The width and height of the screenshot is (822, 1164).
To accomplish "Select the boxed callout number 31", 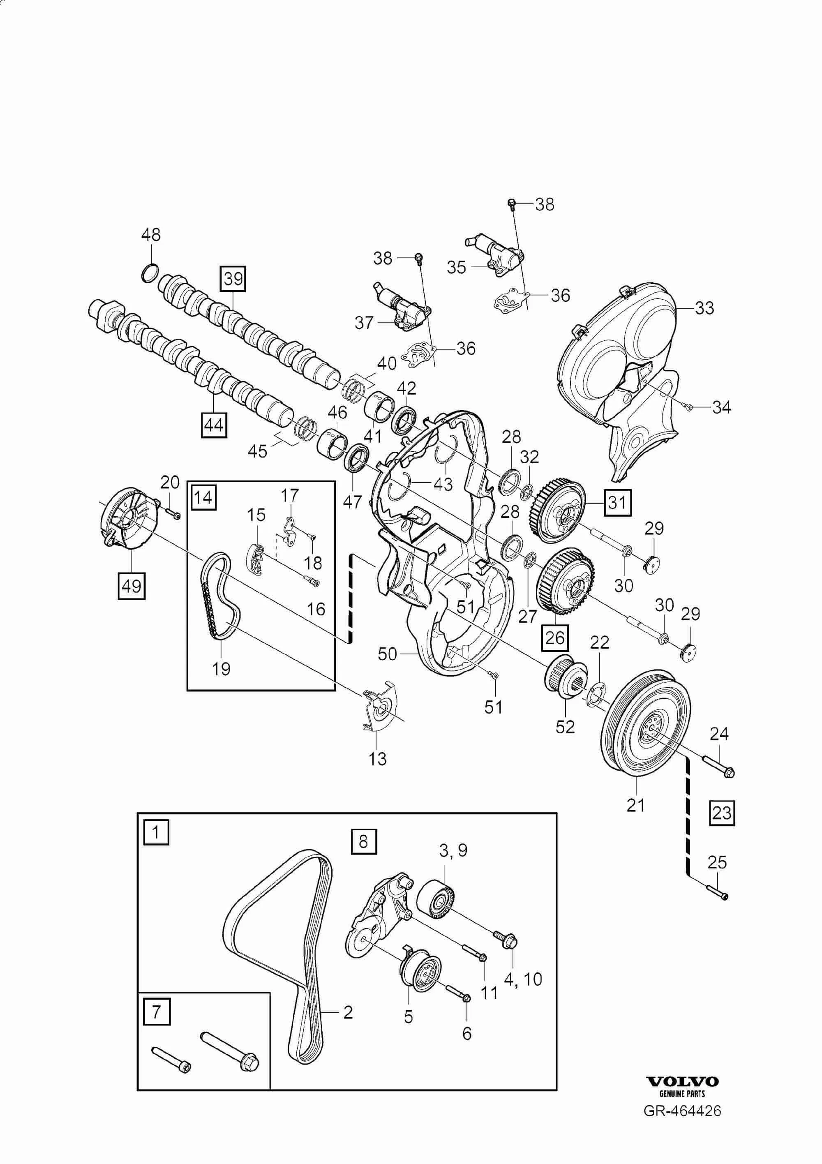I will pos(617,502).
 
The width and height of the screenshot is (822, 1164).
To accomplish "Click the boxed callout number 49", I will pos(132,586).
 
